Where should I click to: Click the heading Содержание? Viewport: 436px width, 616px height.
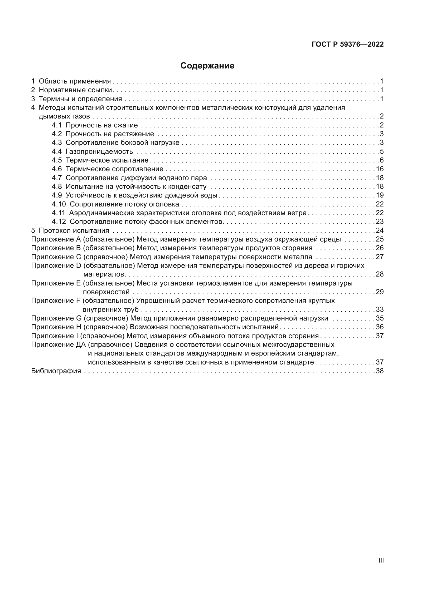point(207,66)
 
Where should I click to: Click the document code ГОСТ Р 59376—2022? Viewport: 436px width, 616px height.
point(348,44)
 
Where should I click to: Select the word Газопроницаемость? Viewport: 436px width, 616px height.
point(99,152)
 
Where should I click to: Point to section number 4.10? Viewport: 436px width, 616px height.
point(59,204)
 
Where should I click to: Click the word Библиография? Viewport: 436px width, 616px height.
point(56,371)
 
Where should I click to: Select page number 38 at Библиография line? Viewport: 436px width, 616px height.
point(380,371)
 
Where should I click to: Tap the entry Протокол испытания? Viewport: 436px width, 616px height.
point(74,230)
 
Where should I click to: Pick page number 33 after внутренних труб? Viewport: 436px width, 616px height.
point(380,310)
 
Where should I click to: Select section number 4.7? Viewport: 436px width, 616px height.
point(57,178)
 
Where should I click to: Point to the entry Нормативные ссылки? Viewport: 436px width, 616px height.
point(75,90)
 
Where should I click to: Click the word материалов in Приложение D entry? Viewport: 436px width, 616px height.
point(104,274)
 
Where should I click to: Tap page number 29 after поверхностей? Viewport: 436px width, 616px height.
point(380,292)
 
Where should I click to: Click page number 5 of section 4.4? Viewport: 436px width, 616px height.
point(382,152)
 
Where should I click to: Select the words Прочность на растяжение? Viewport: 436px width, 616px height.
point(110,134)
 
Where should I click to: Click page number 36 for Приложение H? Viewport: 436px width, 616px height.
point(380,327)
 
